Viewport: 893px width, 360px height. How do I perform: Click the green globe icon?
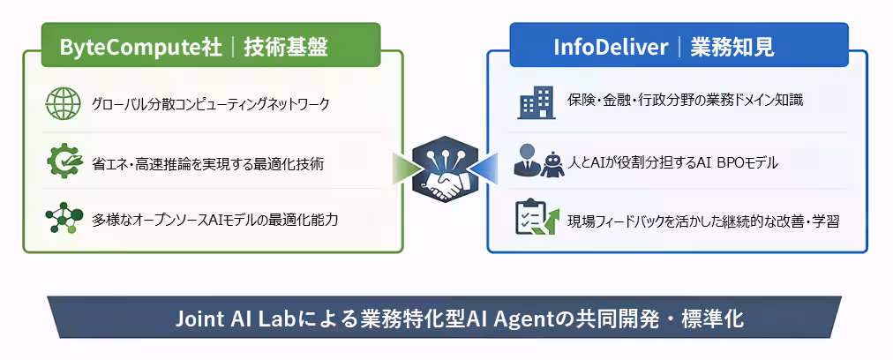coord(64,104)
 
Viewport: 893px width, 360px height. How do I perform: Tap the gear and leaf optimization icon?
coord(64,161)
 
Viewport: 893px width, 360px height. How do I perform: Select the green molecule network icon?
coord(64,218)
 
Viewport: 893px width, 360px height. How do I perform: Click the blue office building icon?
coord(536,102)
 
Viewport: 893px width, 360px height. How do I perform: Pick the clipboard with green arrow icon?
coord(537,219)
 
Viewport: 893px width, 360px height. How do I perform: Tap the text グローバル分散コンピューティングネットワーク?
coord(210,105)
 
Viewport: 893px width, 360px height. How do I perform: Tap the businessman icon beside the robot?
coord(528,161)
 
